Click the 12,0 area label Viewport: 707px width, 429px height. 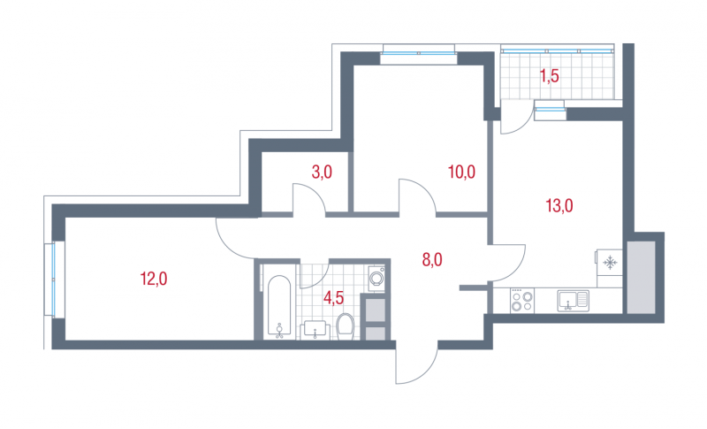154,279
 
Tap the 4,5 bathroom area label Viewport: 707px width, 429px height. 334,298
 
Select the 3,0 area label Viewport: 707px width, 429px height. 322,172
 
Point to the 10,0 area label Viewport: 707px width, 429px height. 461,172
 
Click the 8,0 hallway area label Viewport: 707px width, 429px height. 432,260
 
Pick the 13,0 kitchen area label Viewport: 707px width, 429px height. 559,206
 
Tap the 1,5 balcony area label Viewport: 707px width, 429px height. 550,76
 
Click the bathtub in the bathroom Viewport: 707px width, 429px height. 279,306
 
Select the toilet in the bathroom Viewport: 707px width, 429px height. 346,326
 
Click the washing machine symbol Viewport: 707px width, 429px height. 376,279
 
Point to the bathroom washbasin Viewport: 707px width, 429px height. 315,330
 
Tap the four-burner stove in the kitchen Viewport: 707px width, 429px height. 522,301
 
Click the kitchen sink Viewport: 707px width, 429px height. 573,301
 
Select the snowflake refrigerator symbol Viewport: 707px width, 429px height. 610,262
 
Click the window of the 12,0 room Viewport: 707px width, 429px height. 54,280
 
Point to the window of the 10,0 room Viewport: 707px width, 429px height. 419,54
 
